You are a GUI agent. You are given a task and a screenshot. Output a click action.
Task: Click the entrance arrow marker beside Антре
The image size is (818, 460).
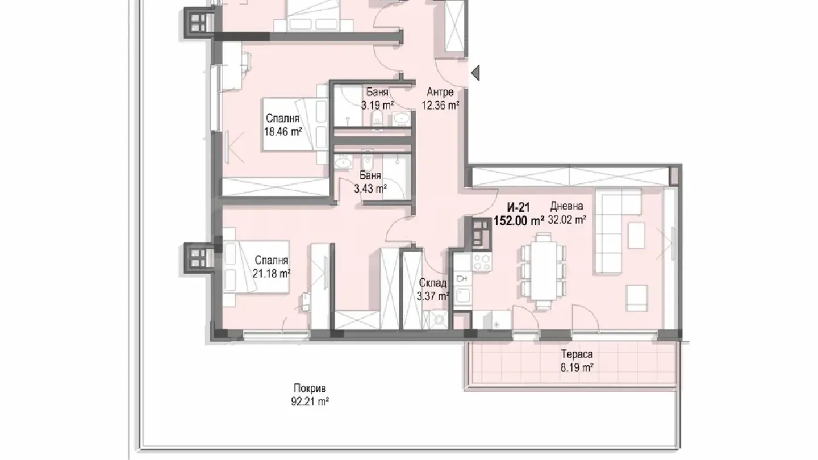click(x=475, y=73)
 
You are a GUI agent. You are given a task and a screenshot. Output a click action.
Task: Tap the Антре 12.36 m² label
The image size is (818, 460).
click(x=440, y=99)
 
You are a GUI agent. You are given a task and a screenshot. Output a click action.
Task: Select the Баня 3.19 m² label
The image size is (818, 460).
click(x=377, y=98)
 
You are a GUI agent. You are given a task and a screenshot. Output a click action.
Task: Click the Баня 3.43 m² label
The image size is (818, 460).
click(x=370, y=182)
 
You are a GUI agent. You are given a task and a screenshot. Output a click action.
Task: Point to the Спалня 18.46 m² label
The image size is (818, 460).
click(x=282, y=126)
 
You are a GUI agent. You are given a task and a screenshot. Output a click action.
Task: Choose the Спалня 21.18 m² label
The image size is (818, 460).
click(x=272, y=267)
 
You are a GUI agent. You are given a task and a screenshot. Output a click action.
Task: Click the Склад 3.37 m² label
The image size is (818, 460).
click(x=433, y=289)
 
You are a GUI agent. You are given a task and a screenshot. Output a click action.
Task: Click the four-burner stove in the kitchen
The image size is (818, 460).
click(x=482, y=262)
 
